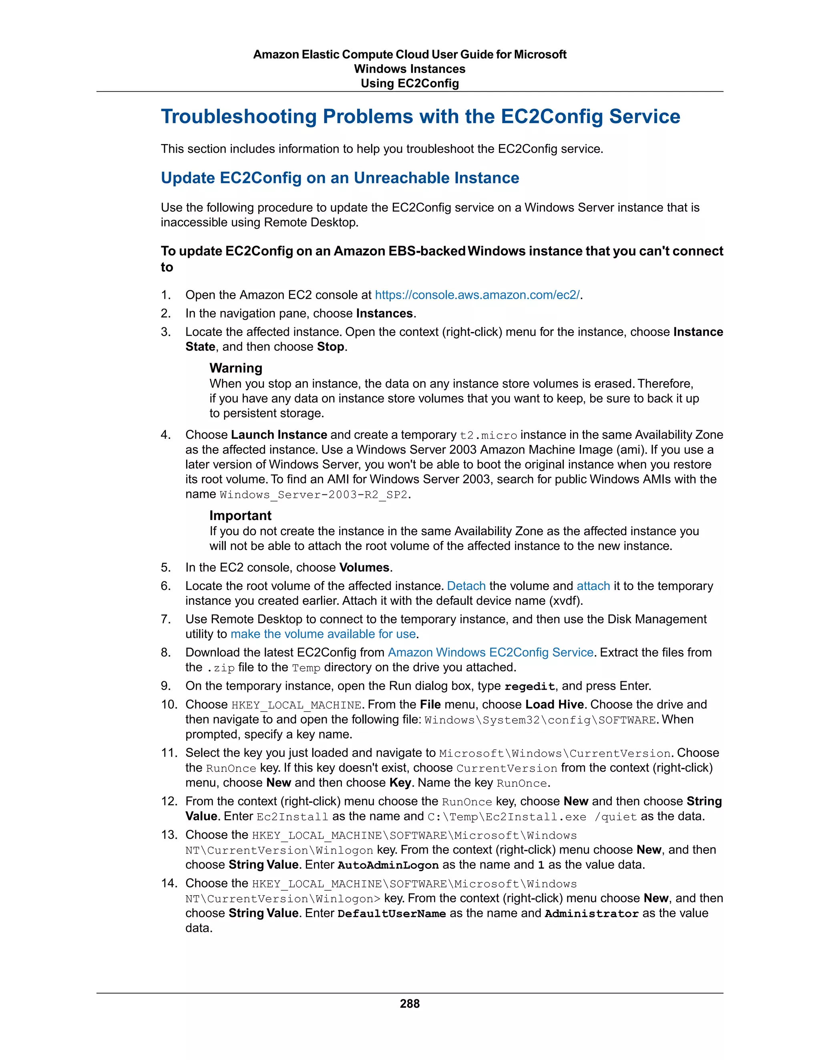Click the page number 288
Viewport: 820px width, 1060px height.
click(410, 1004)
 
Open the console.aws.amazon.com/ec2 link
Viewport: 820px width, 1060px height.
click(478, 295)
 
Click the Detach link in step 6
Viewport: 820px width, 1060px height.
click(466, 586)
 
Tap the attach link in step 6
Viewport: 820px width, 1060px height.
click(593, 586)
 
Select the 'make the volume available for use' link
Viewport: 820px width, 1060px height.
click(323, 634)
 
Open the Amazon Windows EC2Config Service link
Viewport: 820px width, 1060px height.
click(490, 652)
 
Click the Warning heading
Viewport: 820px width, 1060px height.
click(235, 368)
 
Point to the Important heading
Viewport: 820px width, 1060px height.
click(241, 516)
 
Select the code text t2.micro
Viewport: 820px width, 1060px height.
click(488, 435)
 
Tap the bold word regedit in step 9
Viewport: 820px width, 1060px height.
click(529, 686)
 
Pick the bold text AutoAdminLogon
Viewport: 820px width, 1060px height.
click(388, 865)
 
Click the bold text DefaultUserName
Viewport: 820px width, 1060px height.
click(392, 914)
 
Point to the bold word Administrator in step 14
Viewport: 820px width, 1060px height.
click(592, 914)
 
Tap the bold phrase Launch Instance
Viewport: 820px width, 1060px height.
click(279, 434)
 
